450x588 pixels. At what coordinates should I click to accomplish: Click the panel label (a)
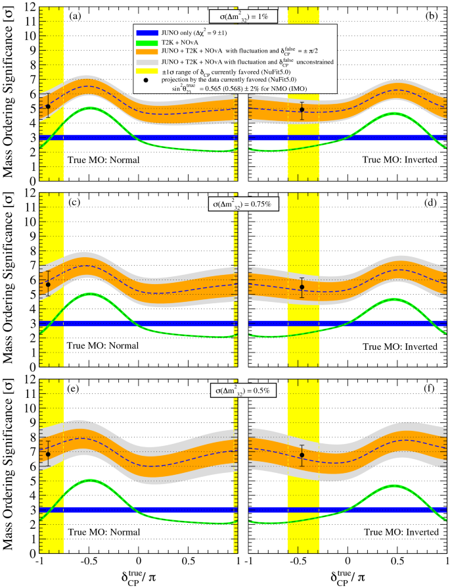tap(76, 14)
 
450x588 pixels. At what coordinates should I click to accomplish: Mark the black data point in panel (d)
tap(302, 287)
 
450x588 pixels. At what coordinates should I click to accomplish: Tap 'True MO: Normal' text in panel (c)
tap(99, 346)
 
